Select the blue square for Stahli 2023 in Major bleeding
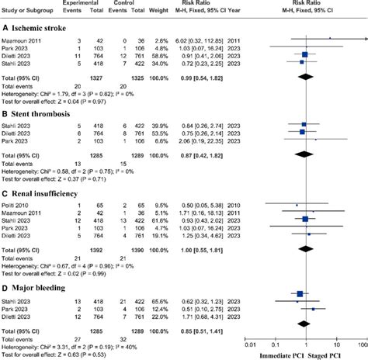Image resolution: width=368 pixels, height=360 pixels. (x=300, y=294)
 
